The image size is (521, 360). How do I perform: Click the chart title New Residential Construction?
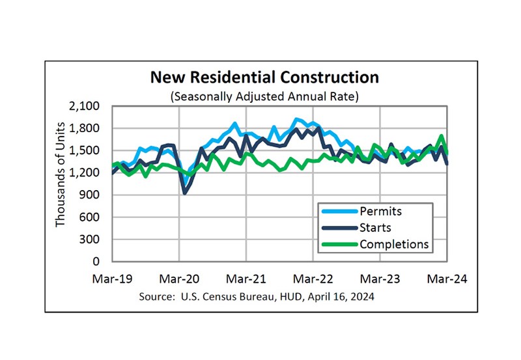(264, 77)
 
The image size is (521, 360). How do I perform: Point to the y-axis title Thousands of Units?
(61, 174)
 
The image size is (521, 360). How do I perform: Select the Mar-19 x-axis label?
(112, 278)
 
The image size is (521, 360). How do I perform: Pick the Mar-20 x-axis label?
(179, 278)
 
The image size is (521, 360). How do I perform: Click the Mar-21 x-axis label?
(246, 278)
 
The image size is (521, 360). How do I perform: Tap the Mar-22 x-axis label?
(313, 278)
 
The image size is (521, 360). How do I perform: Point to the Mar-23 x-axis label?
(380, 278)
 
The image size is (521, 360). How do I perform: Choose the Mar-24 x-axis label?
(447, 278)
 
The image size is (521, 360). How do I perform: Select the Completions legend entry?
(394, 244)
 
